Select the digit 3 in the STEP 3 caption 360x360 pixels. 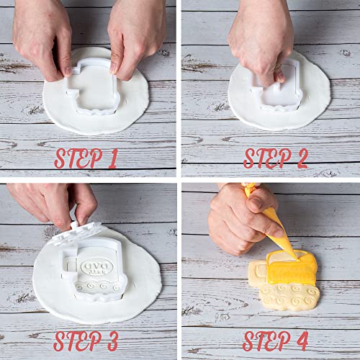point(114,339)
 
